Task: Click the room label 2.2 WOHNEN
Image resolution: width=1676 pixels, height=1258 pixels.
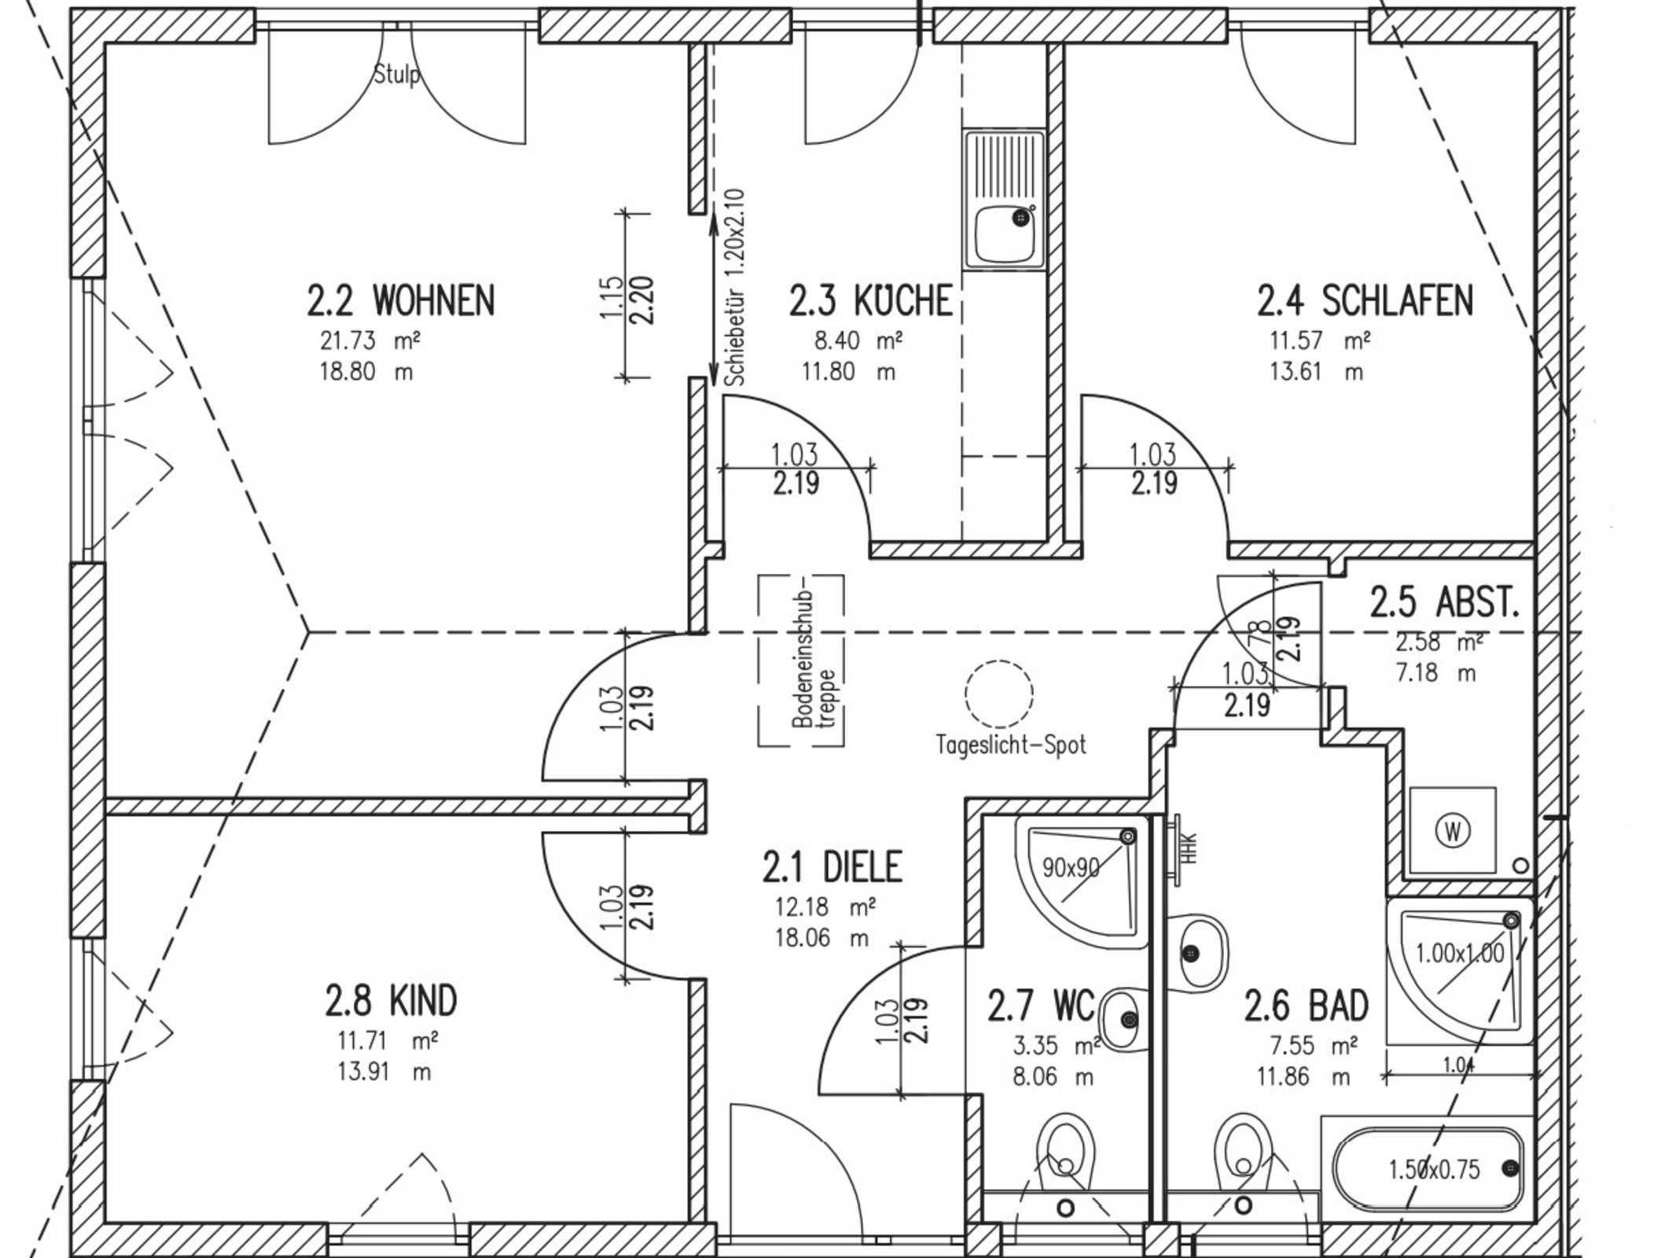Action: tap(401, 300)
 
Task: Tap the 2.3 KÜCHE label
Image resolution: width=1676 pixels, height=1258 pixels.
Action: tap(871, 300)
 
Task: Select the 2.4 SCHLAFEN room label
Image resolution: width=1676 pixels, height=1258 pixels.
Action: tap(1365, 300)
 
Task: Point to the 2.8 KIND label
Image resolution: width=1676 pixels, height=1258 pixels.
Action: tap(391, 1001)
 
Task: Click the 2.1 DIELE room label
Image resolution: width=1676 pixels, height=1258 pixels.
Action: tap(832, 866)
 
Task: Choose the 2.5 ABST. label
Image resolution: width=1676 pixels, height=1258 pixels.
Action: tap(1445, 602)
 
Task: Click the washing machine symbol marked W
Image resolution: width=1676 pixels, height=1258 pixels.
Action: tap(1453, 830)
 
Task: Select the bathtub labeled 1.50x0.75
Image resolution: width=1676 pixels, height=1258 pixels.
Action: tap(1428, 1169)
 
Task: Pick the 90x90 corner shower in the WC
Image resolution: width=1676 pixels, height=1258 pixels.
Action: tap(1077, 879)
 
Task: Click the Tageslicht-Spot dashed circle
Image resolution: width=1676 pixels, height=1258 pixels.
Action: tap(999, 693)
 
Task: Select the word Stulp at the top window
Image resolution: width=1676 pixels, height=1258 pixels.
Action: tap(397, 75)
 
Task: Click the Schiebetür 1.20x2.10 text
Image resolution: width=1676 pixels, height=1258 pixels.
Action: tap(735, 287)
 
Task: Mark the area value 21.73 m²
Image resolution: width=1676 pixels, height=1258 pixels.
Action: tap(369, 340)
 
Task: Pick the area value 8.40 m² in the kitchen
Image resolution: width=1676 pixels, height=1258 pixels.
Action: tap(858, 340)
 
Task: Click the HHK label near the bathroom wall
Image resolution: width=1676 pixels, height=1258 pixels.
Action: tap(1190, 848)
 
